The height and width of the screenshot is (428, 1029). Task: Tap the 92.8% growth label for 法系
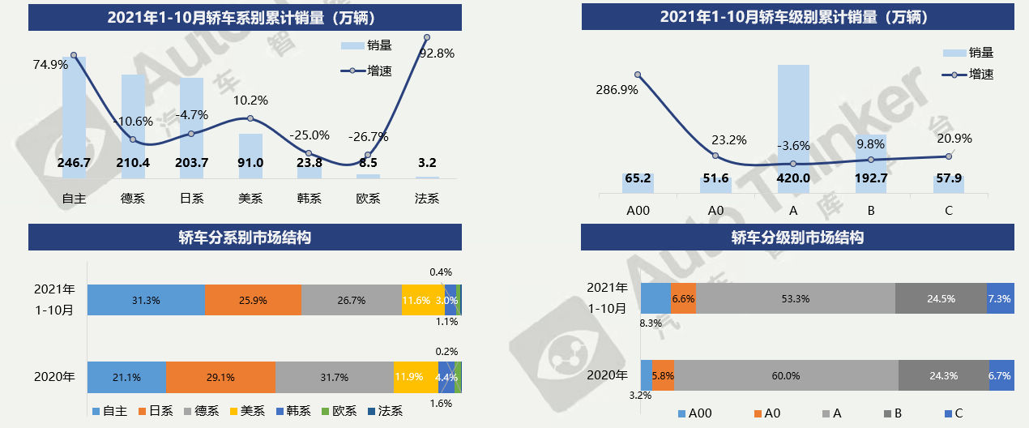(x=436, y=53)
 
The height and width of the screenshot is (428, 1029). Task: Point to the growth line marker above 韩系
(x=309, y=153)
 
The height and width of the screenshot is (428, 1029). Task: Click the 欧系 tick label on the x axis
(x=368, y=198)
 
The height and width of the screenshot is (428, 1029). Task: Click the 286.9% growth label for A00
(x=617, y=89)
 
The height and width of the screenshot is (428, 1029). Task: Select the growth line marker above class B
(x=871, y=160)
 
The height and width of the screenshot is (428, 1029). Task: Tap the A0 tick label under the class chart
(x=715, y=211)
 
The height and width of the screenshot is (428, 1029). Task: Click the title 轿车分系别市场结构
(x=245, y=238)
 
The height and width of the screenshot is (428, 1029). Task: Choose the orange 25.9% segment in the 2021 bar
(x=253, y=300)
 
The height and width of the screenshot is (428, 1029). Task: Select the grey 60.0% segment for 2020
(x=785, y=375)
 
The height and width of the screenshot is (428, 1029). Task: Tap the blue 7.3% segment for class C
(x=1000, y=298)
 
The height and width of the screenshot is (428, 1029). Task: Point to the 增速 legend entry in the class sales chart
(x=971, y=74)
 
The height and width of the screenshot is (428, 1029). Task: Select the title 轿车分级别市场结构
(x=797, y=238)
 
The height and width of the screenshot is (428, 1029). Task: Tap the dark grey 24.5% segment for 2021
(x=941, y=298)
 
